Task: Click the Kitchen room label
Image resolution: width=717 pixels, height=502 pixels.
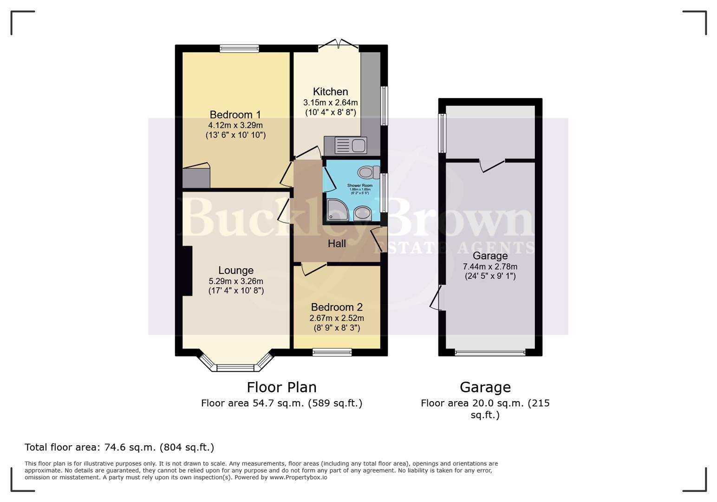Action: point(330,92)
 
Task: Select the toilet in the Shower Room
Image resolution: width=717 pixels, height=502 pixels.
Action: point(369,172)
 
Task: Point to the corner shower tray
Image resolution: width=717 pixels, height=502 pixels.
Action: point(336,209)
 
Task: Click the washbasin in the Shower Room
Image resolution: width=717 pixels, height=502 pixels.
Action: point(362,214)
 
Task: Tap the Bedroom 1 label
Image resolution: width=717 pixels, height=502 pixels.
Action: point(235,115)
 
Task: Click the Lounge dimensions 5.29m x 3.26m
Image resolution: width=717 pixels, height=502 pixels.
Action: point(236,281)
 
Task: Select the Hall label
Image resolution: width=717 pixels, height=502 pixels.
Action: point(337,244)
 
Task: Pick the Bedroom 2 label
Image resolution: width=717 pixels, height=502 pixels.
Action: point(337,307)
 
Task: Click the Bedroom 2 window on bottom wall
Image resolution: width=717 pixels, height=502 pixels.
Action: point(332,352)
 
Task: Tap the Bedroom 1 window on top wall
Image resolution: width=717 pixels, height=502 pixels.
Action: point(239,48)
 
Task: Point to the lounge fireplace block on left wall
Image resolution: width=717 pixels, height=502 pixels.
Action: point(187,271)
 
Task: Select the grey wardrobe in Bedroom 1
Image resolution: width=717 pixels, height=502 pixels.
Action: point(196,177)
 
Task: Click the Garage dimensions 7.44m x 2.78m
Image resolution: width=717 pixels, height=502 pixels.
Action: point(490,267)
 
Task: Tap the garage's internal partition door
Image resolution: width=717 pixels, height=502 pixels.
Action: point(492,165)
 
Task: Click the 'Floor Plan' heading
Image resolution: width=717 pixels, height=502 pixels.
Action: point(281,387)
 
